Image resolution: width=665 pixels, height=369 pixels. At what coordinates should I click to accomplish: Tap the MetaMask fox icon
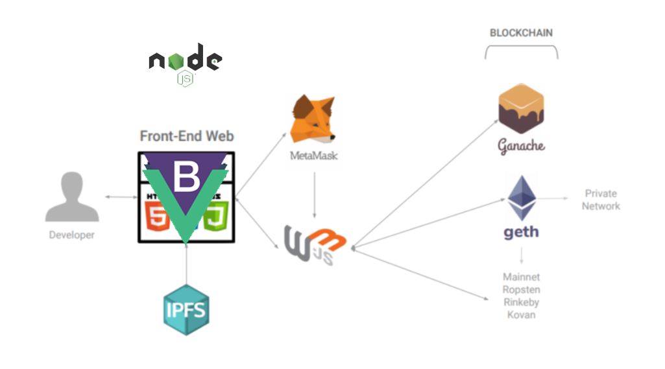coord(313,119)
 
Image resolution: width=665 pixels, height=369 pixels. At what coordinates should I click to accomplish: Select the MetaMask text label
coord(313,156)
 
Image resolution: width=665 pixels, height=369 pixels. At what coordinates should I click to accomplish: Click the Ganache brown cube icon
coord(520,108)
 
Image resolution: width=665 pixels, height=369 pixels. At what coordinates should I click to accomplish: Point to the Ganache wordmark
coord(521,146)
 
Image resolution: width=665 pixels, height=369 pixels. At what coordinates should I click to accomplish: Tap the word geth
coord(521,232)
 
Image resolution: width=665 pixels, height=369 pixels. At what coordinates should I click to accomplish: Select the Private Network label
coord(601,200)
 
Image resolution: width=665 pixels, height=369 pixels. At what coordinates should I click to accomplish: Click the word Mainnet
coord(521,277)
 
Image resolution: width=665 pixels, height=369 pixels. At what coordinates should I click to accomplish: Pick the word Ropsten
coord(521,290)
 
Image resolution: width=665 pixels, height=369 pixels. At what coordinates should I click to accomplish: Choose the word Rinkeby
coord(521,302)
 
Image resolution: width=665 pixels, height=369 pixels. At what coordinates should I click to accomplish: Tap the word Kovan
coord(521,315)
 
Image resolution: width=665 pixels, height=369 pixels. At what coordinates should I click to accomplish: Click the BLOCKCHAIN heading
coord(521,32)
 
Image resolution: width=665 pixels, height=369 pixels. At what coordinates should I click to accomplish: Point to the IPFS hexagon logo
coord(186,309)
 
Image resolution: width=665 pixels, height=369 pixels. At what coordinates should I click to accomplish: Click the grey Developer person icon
coord(72,198)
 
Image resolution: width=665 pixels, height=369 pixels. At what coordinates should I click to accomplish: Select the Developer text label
coord(72,235)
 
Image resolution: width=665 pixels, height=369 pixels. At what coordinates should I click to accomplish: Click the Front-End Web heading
coord(187,136)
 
